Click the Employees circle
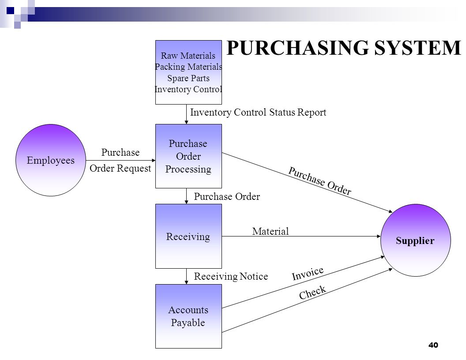(50, 160)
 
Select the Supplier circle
(416, 240)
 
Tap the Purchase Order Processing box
(188, 156)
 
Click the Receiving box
(188, 236)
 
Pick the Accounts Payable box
(188, 316)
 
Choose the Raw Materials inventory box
(188, 72)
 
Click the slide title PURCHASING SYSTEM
(344, 48)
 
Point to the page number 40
(433, 345)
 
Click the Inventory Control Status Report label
(258, 112)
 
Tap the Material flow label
(271, 231)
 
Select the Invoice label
(308, 273)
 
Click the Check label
(312, 292)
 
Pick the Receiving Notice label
(231, 276)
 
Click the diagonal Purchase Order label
(320, 180)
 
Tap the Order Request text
(120, 169)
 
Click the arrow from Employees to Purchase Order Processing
(120, 161)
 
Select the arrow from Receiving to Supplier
(301, 236)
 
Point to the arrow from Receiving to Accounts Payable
(186, 276)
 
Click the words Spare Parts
(188, 78)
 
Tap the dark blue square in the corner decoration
(11, 11)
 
